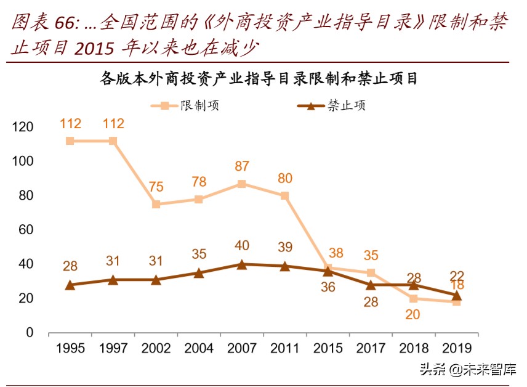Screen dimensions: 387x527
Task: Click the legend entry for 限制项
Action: click(185, 105)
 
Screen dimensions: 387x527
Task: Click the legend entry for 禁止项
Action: click(332, 105)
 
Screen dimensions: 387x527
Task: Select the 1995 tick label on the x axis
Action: click(70, 349)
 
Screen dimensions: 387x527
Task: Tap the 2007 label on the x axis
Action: click(242, 349)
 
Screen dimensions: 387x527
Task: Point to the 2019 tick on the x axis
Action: click(456, 349)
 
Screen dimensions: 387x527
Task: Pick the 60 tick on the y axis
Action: click(25, 230)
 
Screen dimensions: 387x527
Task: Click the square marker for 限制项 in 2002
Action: click(156, 204)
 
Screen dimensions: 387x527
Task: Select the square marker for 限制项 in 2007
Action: click(242, 184)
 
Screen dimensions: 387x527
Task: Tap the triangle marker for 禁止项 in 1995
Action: click(70, 285)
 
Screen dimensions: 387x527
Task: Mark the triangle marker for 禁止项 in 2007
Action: click(242, 264)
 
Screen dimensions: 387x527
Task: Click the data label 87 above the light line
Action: click(242, 166)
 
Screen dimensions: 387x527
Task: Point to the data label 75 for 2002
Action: click(156, 187)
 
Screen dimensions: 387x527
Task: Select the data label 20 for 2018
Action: click(414, 315)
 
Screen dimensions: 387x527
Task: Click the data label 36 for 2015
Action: click(328, 287)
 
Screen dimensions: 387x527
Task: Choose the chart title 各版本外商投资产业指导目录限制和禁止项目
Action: click(259, 79)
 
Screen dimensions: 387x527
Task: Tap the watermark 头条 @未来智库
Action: click(468, 369)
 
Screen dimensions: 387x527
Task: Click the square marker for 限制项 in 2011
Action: click(284, 195)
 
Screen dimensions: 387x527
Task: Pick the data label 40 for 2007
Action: click(242, 246)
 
